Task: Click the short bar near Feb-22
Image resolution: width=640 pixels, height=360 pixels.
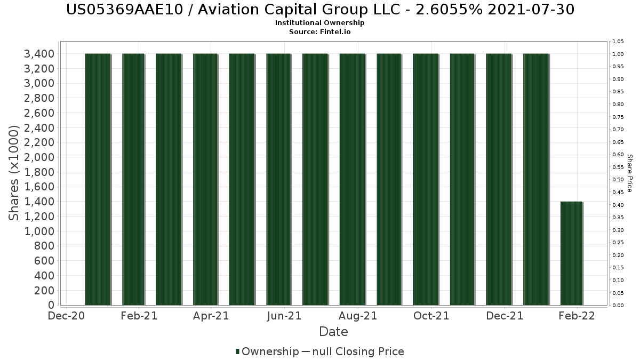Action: [572, 253]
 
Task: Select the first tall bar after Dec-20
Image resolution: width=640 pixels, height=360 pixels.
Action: [98, 179]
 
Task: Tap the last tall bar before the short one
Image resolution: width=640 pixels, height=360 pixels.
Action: [536, 179]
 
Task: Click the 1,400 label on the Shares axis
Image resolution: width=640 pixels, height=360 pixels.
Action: [39, 202]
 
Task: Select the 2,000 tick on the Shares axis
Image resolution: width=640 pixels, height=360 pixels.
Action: [39, 157]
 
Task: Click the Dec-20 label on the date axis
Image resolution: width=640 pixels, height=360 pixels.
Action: [66, 316]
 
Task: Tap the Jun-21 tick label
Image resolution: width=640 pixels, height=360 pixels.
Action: [284, 316]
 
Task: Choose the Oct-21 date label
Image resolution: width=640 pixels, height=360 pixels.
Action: [431, 316]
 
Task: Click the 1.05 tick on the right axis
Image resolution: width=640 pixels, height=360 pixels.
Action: [618, 42]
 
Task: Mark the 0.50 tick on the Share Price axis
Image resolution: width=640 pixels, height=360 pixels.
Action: [618, 180]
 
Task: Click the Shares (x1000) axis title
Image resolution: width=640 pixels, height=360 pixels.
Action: [14, 173]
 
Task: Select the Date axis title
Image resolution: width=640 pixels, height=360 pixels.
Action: [333, 332]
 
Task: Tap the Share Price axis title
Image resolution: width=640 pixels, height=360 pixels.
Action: [629, 173]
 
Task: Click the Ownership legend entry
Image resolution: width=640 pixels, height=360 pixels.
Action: [267, 351]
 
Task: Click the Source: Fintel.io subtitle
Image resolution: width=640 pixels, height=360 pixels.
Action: [320, 31]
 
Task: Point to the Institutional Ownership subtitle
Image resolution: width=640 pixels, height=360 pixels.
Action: [320, 23]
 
